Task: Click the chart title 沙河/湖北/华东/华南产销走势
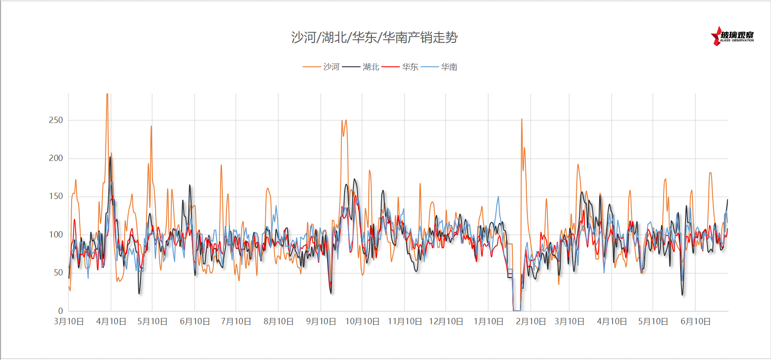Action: click(374, 38)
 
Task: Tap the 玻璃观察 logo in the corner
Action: click(733, 36)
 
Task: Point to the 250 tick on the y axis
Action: click(56, 120)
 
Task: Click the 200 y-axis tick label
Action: click(56, 158)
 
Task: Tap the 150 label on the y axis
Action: click(56, 196)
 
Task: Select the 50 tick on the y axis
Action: click(58, 272)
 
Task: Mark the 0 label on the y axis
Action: click(60, 311)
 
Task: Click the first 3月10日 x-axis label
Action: click(68, 322)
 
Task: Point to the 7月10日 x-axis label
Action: click(236, 322)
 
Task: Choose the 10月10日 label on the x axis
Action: click(362, 322)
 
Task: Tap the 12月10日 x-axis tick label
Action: click(446, 322)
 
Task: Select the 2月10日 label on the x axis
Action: click(531, 322)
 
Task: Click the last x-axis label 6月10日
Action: click(695, 322)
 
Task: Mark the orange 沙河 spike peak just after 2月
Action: click(522, 119)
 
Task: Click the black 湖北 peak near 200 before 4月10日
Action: click(110, 157)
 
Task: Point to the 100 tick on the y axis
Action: click(56, 234)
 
